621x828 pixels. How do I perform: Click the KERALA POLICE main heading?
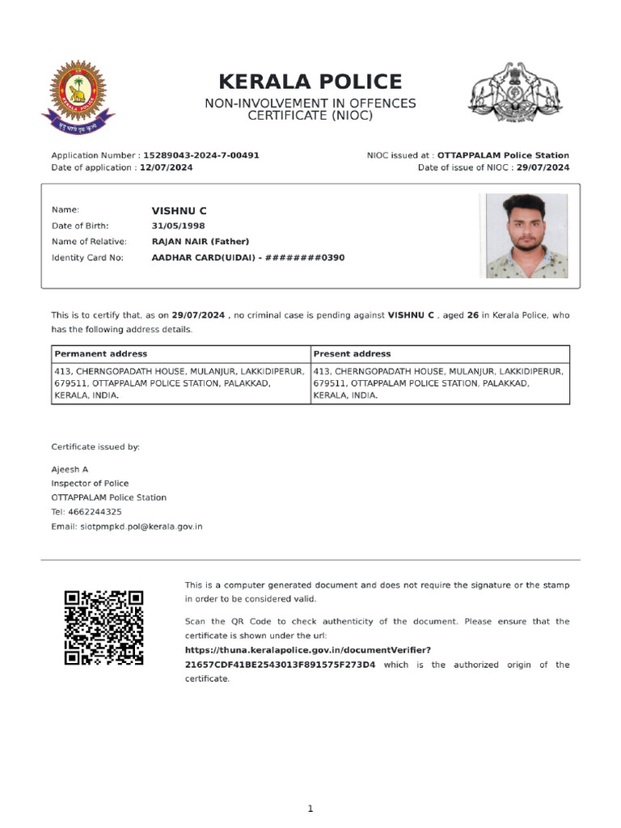point(310,82)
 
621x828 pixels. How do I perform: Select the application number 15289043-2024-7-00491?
point(201,155)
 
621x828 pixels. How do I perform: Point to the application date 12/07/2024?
point(166,167)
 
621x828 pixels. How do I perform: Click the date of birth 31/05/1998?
point(178,226)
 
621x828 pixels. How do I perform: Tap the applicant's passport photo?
point(526,235)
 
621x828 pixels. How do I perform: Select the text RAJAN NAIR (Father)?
point(200,242)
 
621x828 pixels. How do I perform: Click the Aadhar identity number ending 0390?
point(248,258)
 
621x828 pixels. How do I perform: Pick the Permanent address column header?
point(101,354)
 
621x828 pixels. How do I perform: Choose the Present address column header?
point(352,354)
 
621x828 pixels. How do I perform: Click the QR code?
point(103,627)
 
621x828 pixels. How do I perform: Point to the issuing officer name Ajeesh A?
point(70,470)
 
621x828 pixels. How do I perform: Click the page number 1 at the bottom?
point(310,809)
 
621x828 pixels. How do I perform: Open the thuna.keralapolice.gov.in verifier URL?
point(307,650)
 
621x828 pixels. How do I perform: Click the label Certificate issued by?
point(95,446)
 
